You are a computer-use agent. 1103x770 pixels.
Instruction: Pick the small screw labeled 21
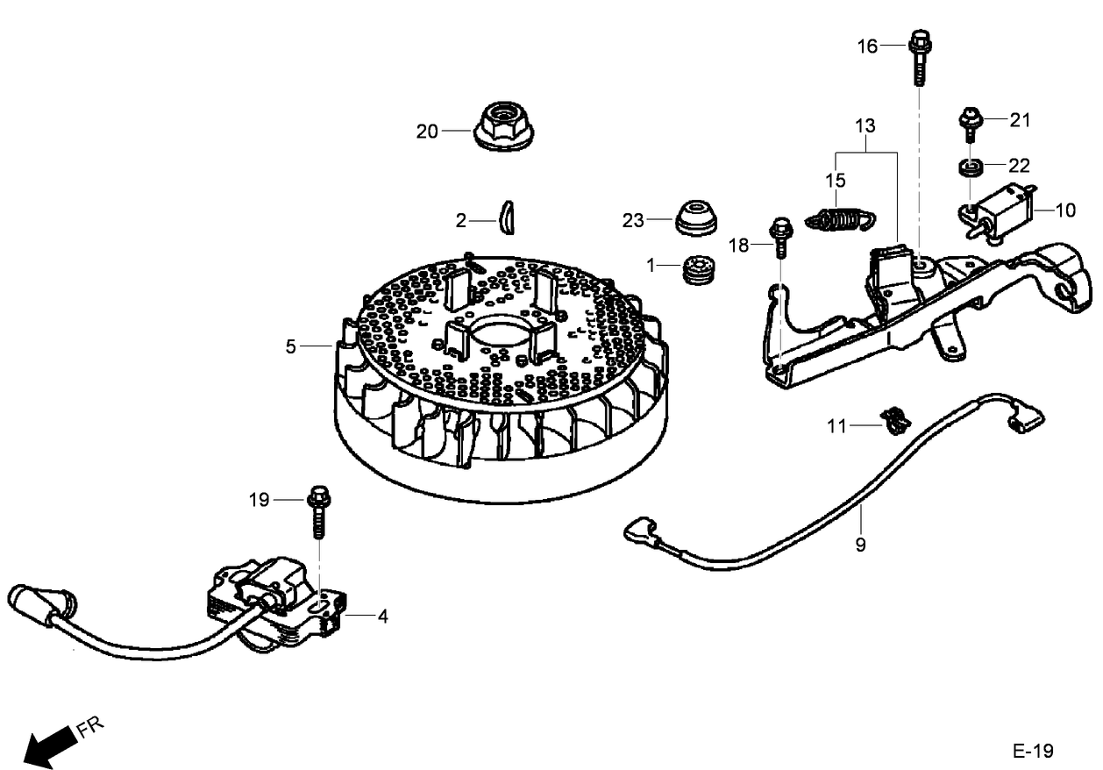pyautogui.click(x=970, y=123)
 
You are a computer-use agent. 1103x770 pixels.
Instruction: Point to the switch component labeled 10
pyautogui.click(x=1001, y=209)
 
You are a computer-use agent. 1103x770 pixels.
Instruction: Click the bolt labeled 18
pyautogui.click(x=780, y=236)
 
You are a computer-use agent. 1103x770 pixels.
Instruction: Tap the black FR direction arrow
pyautogui.click(x=48, y=745)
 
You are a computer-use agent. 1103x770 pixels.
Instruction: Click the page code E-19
pyautogui.click(x=1033, y=751)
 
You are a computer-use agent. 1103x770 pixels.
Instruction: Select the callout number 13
pyautogui.click(x=865, y=126)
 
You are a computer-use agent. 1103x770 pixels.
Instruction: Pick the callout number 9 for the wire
pyautogui.click(x=860, y=545)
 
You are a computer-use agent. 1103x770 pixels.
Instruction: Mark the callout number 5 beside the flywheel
pyautogui.click(x=290, y=346)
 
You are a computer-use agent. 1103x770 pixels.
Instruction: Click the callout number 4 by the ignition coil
pyautogui.click(x=382, y=617)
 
